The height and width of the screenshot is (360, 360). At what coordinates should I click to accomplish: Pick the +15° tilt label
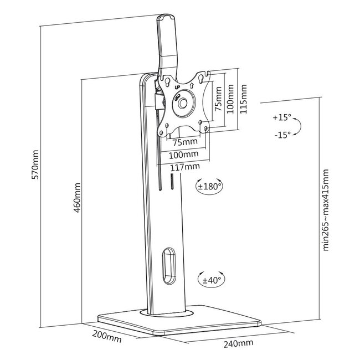click(281, 118)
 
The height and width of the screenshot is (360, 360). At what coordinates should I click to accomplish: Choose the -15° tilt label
click(281, 135)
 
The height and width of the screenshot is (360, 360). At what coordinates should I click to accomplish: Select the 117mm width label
click(185, 166)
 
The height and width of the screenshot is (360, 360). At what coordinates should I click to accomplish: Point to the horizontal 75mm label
click(183, 141)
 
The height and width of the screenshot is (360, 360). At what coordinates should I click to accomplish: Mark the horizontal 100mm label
click(184, 153)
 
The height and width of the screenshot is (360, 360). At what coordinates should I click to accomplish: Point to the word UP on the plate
click(177, 87)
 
